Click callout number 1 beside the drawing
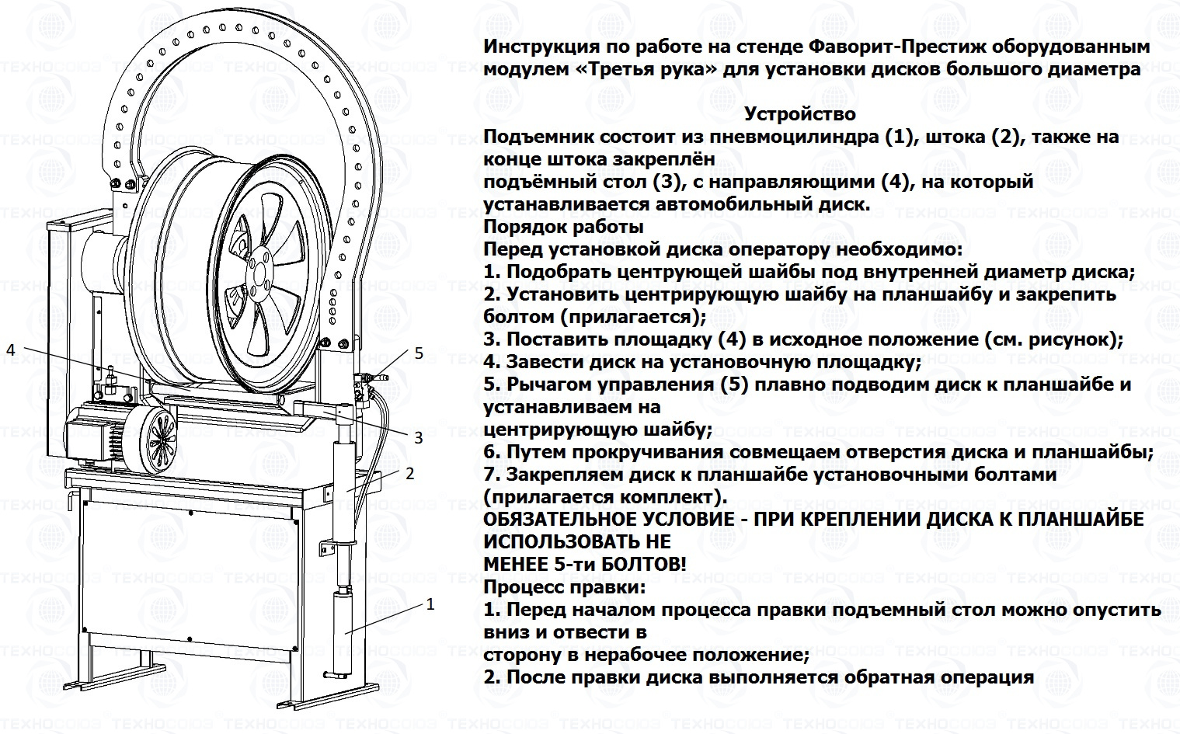coord(430,604)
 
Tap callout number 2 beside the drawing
coord(409,471)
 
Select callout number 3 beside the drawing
coord(418,437)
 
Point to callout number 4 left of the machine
coord(10,350)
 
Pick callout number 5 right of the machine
coord(419,353)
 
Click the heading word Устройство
coord(800,114)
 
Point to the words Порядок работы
coord(563,227)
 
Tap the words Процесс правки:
coord(565,586)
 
